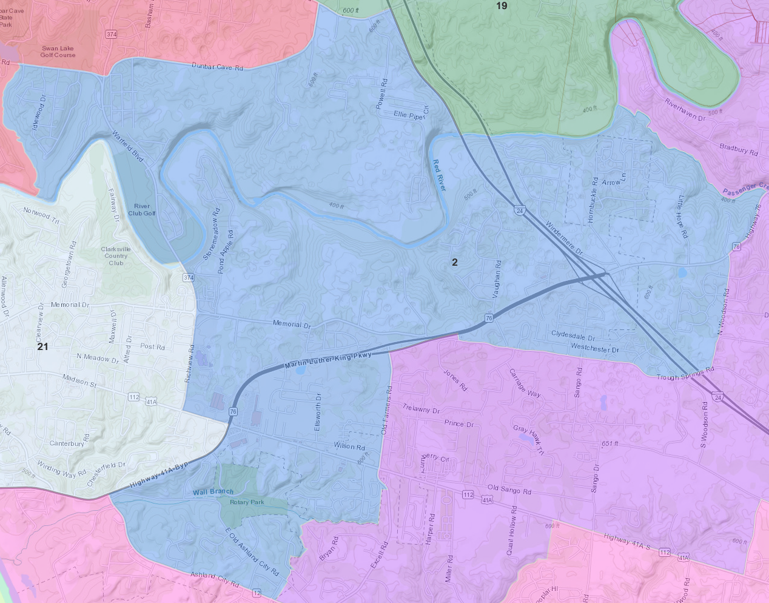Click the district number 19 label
[x=502, y=6]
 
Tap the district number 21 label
[x=42, y=346]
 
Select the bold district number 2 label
[x=455, y=262]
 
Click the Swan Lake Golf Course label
[x=58, y=52]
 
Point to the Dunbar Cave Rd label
[x=217, y=66]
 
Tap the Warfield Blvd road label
[x=127, y=146]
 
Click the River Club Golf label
[x=141, y=209]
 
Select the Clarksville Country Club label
[x=116, y=256]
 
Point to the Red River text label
[x=440, y=175]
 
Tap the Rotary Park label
[x=247, y=502]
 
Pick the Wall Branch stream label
[x=213, y=492]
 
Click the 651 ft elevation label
[x=610, y=443]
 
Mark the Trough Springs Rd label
[x=685, y=374]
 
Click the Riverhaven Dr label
[x=685, y=110]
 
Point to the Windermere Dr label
[x=564, y=237]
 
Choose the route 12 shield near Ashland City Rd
[x=257, y=593]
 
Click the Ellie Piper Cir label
[x=411, y=114]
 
